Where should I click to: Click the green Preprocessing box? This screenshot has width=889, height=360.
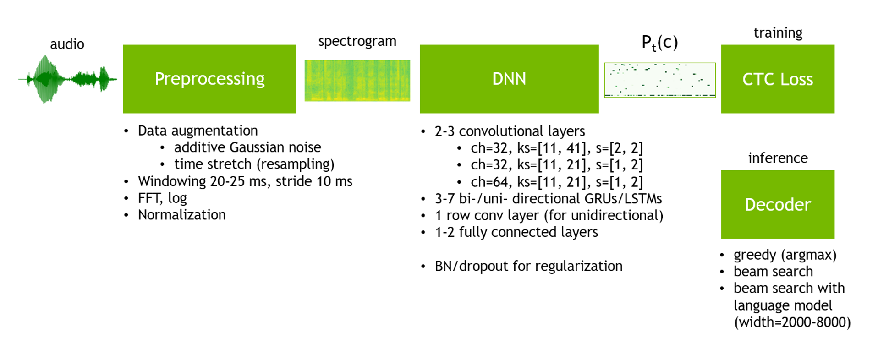click(209, 79)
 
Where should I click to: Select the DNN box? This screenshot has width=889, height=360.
click(509, 79)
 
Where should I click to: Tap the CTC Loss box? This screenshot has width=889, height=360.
click(777, 79)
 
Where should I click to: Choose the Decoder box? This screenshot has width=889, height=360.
click(777, 204)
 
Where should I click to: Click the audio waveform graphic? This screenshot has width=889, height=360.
click(67, 79)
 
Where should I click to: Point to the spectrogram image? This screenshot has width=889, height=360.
click(357, 81)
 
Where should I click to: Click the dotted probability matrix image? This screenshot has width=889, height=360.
click(659, 80)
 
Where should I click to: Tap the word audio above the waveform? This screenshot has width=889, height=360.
click(67, 44)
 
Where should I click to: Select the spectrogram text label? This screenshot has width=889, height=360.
click(357, 41)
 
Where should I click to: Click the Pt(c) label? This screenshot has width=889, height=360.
click(659, 43)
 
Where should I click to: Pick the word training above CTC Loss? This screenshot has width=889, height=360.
click(778, 33)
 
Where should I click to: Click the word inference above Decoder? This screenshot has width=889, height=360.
click(778, 158)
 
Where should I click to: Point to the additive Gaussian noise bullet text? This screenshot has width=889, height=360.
click(247, 147)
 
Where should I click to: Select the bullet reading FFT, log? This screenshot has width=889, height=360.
click(162, 198)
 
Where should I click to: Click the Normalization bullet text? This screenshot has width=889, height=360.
click(181, 215)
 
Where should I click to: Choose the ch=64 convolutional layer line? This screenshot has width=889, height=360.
click(556, 182)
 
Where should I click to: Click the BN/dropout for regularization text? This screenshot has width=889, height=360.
click(528, 266)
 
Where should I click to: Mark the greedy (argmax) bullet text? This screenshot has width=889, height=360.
click(785, 255)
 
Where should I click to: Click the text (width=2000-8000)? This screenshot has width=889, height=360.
click(792, 322)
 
